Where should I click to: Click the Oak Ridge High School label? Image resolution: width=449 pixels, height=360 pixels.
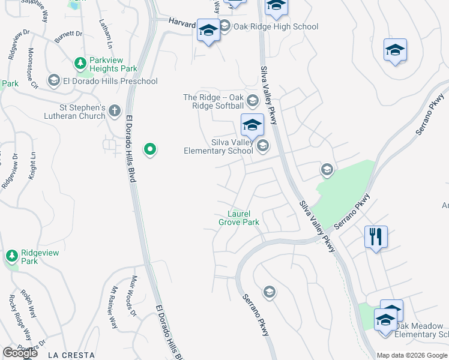pos(276,26)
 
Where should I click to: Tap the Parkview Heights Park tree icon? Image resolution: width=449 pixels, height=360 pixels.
pos(80,63)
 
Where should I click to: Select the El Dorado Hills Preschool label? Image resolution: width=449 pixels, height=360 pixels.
pos(110,81)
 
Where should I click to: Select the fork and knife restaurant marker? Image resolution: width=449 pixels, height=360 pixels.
pos(376,236)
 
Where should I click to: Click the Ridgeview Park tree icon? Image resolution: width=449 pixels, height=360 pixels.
pos(11,256)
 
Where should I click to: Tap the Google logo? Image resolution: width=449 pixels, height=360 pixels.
pos(20,353)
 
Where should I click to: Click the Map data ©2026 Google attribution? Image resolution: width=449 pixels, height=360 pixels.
pos(412,355)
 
